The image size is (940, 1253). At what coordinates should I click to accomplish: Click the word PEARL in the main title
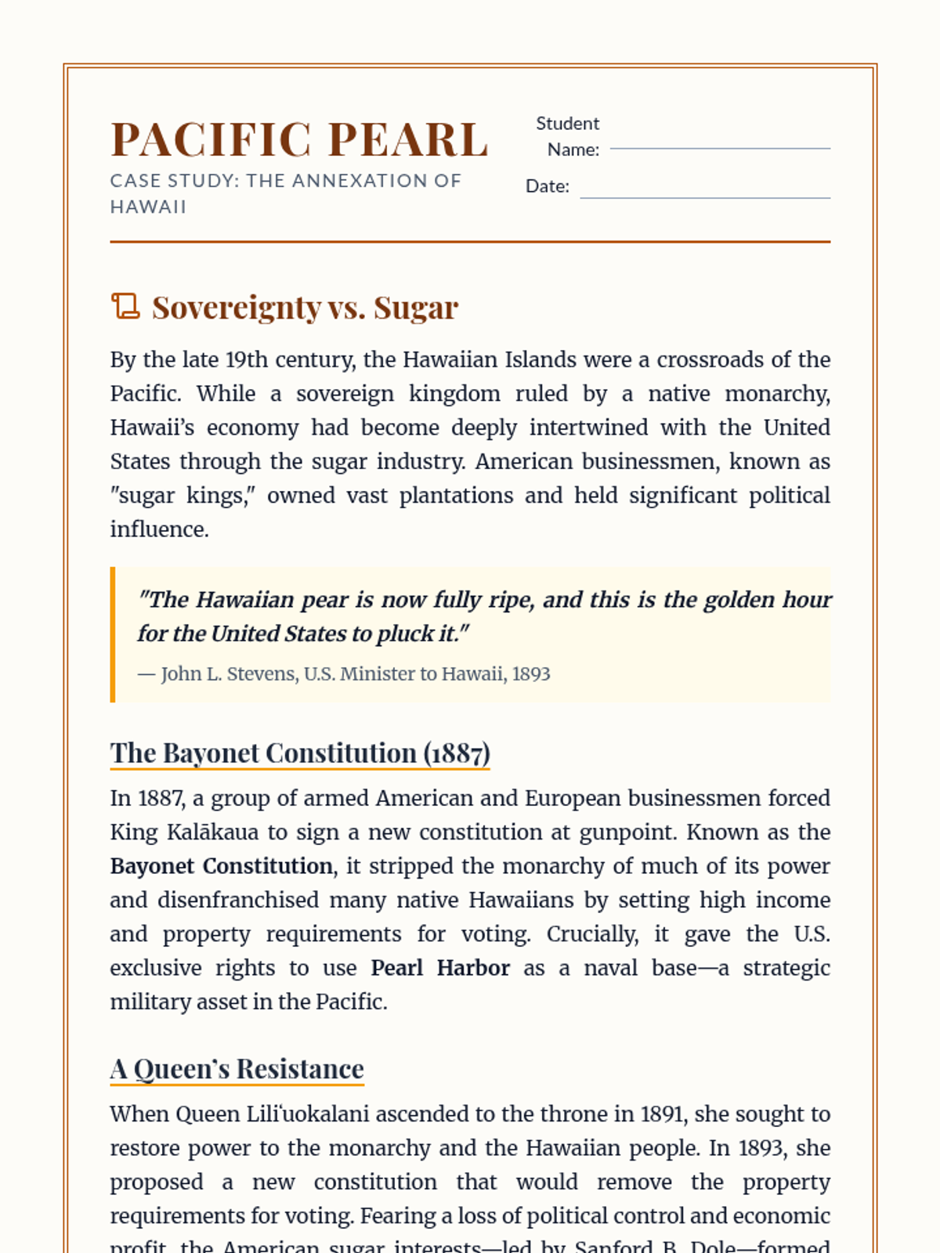(x=408, y=140)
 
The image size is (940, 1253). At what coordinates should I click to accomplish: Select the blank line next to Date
(x=704, y=197)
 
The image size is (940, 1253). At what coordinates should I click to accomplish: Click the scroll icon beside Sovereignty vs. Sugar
(x=125, y=306)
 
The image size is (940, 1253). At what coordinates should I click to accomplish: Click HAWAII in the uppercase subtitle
(x=148, y=207)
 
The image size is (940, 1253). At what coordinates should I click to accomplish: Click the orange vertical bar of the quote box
(x=113, y=634)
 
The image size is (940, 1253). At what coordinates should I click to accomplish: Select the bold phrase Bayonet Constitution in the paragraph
(x=222, y=866)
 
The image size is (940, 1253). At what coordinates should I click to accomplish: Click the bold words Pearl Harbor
(x=440, y=968)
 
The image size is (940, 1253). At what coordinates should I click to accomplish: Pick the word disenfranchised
(x=238, y=900)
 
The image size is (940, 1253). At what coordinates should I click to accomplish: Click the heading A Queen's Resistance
(x=237, y=1069)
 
